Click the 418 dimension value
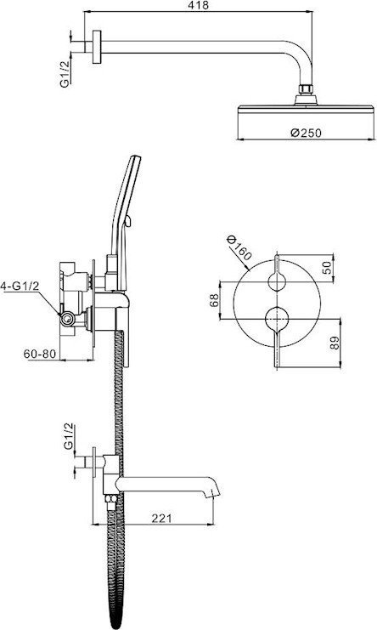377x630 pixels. (200, 5)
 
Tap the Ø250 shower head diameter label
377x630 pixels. (306, 132)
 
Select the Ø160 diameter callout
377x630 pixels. (239, 247)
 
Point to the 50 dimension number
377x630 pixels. (327, 267)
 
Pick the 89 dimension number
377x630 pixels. (335, 343)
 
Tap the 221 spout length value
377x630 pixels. (161, 518)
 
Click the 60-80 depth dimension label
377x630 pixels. (39, 354)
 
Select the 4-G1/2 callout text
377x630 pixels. (20, 286)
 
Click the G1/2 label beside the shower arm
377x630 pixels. (65, 73)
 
